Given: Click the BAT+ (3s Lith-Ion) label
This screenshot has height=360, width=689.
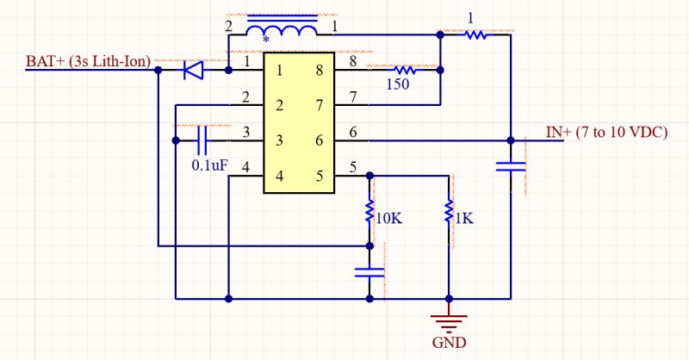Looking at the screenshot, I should (89, 60).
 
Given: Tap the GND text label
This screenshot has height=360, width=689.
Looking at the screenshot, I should (449, 342).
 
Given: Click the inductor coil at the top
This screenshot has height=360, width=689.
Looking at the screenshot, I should (280, 29).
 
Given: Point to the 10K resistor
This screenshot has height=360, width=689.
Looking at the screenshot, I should (370, 211).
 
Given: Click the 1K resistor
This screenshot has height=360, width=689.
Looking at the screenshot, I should (449, 211).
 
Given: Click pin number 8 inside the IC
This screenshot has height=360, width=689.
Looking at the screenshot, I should (319, 71).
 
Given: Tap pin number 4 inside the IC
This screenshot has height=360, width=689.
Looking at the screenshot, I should (279, 177).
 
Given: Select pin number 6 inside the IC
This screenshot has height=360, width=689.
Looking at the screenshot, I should (319, 140).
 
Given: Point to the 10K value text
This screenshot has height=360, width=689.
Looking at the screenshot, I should (389, 218).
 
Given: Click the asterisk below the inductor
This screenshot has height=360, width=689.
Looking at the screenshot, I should (265, 40).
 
